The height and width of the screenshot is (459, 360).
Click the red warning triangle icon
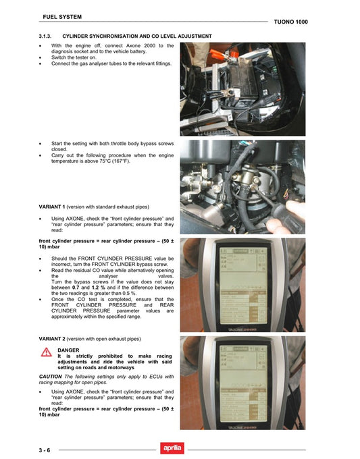tap(47, 352)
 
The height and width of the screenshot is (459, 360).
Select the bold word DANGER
tap(69, 350)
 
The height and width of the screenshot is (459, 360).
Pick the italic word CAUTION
tap(51, 376)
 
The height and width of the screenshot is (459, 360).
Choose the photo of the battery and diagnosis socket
tap(242, 89)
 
